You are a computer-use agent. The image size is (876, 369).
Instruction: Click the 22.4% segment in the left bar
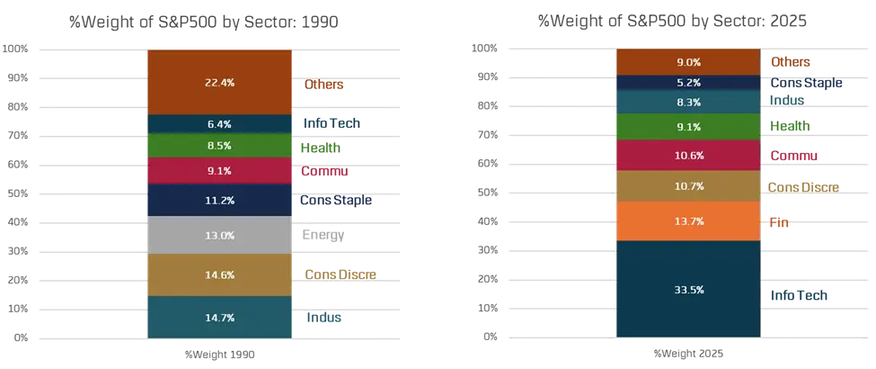pyautogui.click(x=219, y=83)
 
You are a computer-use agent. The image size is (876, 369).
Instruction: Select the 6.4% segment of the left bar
pyautogui.click(x=219, y=124)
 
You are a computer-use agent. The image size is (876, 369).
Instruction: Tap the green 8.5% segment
pyautogui.click(x=219, y=146)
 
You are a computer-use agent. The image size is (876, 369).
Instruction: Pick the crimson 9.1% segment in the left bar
pyautogui.click(x=219, y=171)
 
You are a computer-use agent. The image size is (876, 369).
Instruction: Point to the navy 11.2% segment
pyautogui.click(x=219, y=200)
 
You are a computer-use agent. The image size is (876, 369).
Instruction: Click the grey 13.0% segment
pyautogui.click(x=219, y=236)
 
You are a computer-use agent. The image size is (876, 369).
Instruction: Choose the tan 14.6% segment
pyautogui.click(x=219, y=275)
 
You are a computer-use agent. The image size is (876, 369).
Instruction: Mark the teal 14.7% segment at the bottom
pyautogui.click(x=219, y=318)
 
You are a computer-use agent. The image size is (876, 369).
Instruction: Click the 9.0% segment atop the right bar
pyautogui.click(x=688, y=62)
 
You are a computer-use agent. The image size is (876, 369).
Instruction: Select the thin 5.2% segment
pyautogui.click(x=688, y=83)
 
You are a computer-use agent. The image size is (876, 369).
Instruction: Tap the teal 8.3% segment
pyautogui.click(x=688, y=103)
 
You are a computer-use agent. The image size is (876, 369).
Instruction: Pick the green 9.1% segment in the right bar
pyautogui.click(x=688, y=127)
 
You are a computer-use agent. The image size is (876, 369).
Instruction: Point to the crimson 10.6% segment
pyautogui.click(x=688, y=155)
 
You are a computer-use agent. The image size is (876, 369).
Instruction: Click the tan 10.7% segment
pyautogui.click(x=688, y=186)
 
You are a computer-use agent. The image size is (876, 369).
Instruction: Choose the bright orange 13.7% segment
pyautogui.click(x=688, y=221)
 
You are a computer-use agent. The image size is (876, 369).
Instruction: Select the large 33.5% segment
pyautogui.click(x=688, y=290)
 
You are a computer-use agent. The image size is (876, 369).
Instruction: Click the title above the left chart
pyautogui.click(x=202, y=19)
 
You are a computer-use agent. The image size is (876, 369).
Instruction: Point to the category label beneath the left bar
pyautogui.click(x=219, y=354)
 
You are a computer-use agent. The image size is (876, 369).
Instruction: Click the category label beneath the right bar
pyautogui.click(x=688, y=354)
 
